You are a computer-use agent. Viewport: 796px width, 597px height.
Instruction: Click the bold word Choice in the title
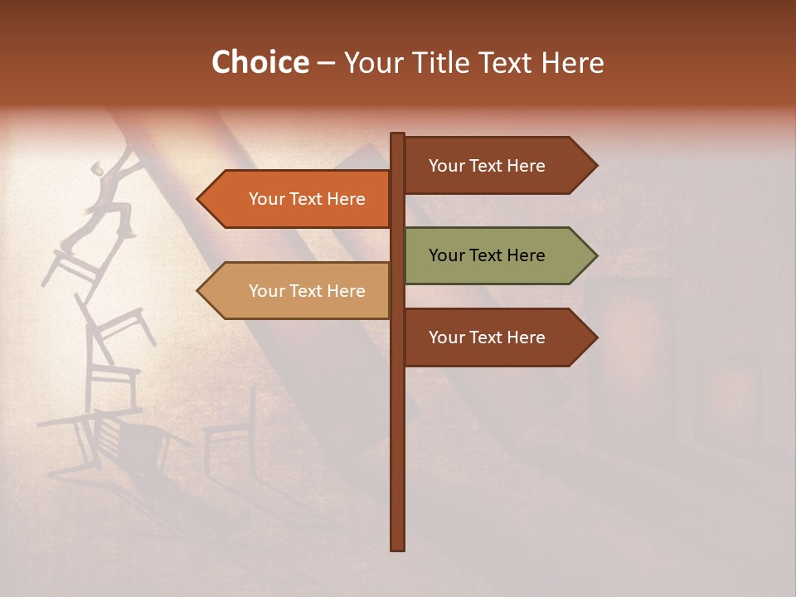[x=260, y=62]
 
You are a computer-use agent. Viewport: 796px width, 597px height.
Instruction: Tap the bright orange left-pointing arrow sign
[x=298, y=199]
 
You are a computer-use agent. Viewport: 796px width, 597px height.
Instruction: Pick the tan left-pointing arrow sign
[x=298, y=291]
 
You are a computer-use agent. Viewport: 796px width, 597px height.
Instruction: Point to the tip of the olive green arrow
[x=595, y=255]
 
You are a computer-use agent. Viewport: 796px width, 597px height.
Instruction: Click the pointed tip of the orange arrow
[x=199, y=199]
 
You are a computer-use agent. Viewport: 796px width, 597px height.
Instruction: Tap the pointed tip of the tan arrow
[x=199, y=291]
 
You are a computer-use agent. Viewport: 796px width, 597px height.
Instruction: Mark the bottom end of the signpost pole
[x=398, y=548]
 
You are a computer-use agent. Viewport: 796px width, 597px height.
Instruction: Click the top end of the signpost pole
[x=398, y=134]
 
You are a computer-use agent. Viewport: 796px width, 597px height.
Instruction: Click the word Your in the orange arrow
[x=266, y=199]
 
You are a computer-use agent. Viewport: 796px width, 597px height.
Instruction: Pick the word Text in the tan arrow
[x=307, y=291]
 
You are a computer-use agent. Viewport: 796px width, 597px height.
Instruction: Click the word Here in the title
[x=573, y=62]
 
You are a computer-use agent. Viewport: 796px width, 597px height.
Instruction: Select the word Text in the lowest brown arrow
[x=487, y=337]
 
